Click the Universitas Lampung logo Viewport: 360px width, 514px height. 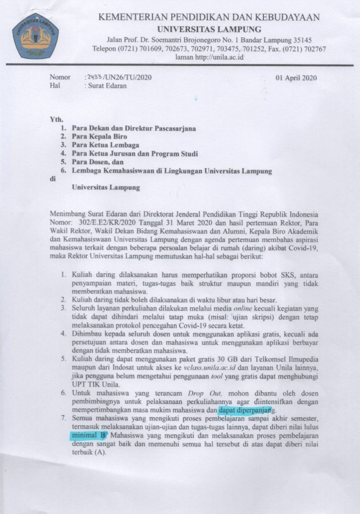coord(35,36)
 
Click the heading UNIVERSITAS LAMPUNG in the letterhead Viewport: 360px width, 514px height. coord(209,29)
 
